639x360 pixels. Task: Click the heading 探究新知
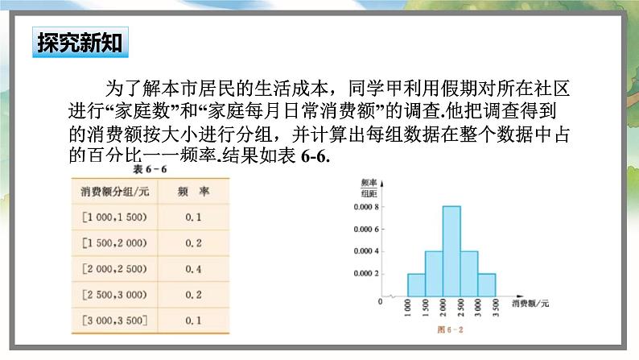[x=80, y=43]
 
